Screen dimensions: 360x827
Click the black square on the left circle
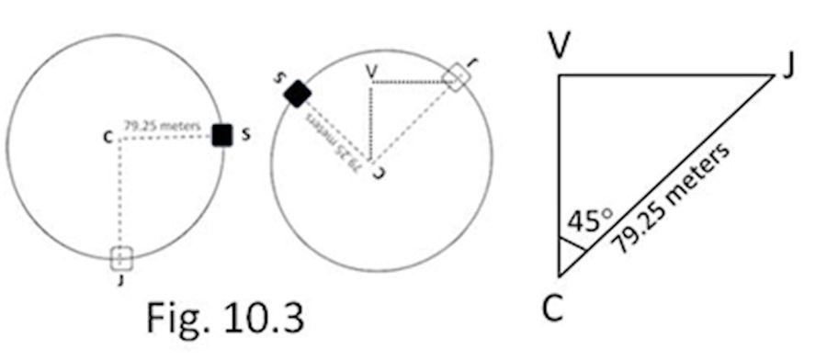tap(221, 135)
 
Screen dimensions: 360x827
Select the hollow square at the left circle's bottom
tap(121, 258)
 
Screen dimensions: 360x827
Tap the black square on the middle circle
tap(297, 93)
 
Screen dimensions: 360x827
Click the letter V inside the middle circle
tap(370, 70)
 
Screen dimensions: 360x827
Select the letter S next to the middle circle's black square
tap(278, 77)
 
